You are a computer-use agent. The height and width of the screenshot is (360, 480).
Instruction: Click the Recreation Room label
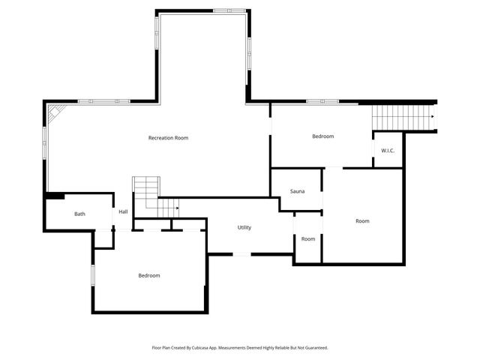pyautogui.click(x=168, y=138)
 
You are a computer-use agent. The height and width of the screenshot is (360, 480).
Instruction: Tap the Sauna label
pyautogui.click(x=297, y=192)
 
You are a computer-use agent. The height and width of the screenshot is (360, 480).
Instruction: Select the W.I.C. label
pyautogui.click(x=388, y=151)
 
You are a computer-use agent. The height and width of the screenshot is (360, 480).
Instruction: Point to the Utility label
pyautogui.click(x=244, y=227)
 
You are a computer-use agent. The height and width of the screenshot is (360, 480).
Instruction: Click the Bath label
pyautogui.click(x=79, y=214)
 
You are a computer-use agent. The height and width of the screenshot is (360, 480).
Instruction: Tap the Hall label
pyautogui.click(x=123, y=211)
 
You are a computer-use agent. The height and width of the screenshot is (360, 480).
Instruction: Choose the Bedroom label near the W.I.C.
pyautogui.click(x=322, y=136)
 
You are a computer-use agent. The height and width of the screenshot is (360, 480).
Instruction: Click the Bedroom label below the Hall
pyautogui.click(x=149, y=275)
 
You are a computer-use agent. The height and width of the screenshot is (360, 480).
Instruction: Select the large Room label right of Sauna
pyautogui.click(x=362, y=220)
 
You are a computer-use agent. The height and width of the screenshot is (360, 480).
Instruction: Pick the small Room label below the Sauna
pyautogui.click(x=308, y=238)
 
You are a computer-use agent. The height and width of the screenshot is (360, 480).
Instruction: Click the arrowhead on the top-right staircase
pyautogui.click(x=433, y=116)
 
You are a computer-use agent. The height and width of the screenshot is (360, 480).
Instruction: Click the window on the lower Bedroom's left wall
pyautogui.click(x=93, y=275)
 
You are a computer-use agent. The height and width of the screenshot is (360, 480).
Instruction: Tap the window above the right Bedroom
pyautogui.click(x=322, y=101)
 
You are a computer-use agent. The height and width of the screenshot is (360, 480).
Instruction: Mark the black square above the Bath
pyautogui.click(x=55, y=196)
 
